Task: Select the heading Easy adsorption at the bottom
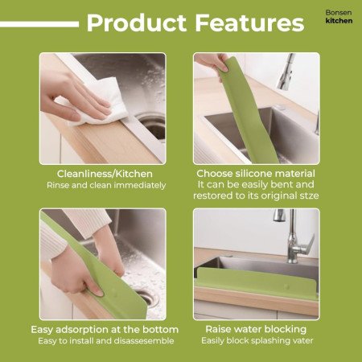click(104, 330)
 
